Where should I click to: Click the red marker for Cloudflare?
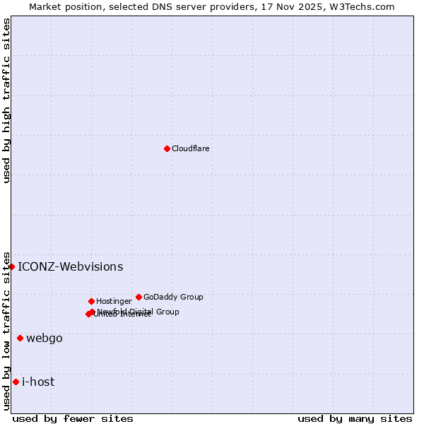tap(167, 148)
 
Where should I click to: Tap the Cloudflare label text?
tap(190, 148)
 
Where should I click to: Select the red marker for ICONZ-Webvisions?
tap(12, 266)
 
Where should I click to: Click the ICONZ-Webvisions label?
tap(70, 266)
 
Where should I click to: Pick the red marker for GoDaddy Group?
tap(139, 297)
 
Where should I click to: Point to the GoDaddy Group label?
tap(173, 297)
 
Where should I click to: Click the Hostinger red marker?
tap(91, 301)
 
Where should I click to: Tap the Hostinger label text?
tap(114, 301)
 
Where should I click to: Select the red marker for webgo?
tap(20, 338)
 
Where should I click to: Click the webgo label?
tap(45, 338)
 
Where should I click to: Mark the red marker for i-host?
tap(16, 382)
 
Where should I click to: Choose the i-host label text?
tap(38, 382)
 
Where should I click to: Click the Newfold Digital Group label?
tap(139, 311)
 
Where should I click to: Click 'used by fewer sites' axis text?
tap(73, 418)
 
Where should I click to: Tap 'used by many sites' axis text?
tap(355, 418)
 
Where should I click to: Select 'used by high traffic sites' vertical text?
tap(6, 100)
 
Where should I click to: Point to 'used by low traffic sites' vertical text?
tap(6, 330)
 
